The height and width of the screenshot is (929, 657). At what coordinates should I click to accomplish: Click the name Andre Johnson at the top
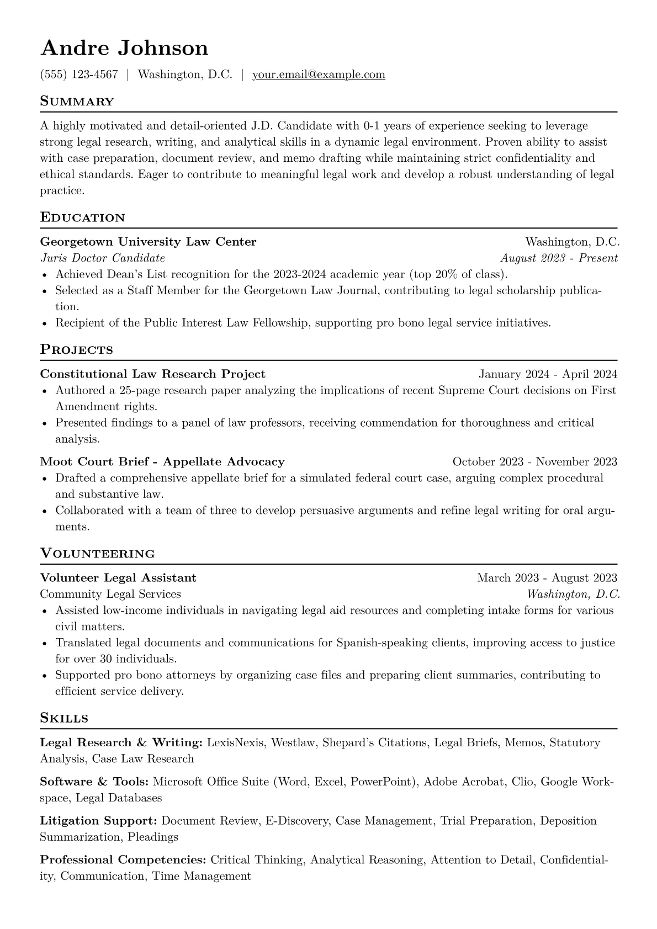pos(124,48)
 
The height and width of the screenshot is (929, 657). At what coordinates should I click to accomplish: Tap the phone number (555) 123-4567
pos(79,75)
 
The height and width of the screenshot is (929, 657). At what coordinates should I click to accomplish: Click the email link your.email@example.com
pos(319,75)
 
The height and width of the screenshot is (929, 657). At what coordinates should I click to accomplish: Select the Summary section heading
pos(77,102)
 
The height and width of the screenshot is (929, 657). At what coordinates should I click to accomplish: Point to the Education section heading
pos(83,217)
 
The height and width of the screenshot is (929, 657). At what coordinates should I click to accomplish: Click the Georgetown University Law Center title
pos(148,242)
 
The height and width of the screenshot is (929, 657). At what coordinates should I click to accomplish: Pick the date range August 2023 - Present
pos(559,258)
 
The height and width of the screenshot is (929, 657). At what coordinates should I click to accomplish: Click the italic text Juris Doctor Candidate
pos(102,258)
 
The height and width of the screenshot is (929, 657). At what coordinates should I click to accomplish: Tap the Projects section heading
pos(77,349)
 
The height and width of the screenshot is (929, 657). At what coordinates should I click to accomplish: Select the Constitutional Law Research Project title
pos(153,374)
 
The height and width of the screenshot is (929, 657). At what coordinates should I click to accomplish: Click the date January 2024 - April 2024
pos(548,374)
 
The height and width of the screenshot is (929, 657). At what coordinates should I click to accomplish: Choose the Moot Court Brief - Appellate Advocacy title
pos(162,461)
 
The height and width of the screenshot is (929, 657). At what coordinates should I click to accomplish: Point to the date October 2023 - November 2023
pos(534,461)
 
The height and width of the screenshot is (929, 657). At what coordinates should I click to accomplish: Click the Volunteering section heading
pos(98,553)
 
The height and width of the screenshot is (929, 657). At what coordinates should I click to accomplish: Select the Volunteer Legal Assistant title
pos(118,578)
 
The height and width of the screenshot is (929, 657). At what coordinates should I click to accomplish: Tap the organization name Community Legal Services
pos(110,594)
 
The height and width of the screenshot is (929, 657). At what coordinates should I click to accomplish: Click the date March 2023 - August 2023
pos(547,578)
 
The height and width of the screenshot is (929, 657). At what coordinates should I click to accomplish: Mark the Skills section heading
pos(64,718)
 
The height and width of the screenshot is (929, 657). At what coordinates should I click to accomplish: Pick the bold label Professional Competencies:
pos(123,860)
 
